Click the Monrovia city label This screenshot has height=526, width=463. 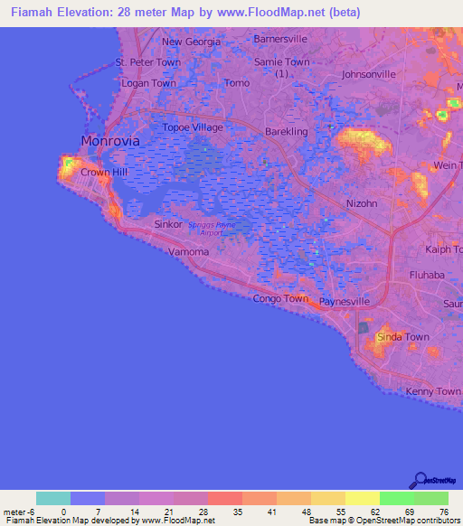[x=109, y=142]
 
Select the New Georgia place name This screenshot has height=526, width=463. [x=191, y=42]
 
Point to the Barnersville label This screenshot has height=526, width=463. [x=280, y=40]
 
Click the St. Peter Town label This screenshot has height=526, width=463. [x=147, y=62]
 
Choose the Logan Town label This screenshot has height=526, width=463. [x=148, y=83]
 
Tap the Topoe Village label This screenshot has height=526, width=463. [x=192, y=127]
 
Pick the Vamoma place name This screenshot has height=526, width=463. [x=188, y=252]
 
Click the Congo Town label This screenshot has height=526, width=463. [x=280, y=298]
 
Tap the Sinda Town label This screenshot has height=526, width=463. [x=402, y=337]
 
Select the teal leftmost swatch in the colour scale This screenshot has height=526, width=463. [x=52, y=498]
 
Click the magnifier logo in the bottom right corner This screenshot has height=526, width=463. [x=420, y=481]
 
